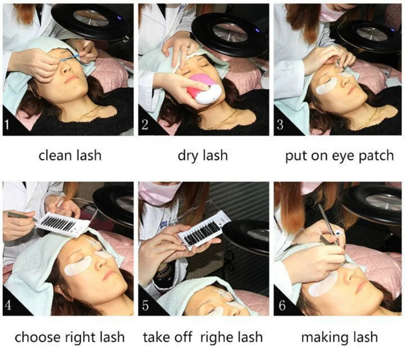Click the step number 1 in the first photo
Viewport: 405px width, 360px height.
(7, 124)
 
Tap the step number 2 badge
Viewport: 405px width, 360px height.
(145, 124)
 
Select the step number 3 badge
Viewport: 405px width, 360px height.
(280, 124)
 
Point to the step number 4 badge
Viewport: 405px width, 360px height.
(8, 305)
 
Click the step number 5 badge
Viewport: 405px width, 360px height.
(145, 305)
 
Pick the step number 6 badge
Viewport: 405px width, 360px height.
(282, 305)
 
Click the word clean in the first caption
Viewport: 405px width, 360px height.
(55, 156)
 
